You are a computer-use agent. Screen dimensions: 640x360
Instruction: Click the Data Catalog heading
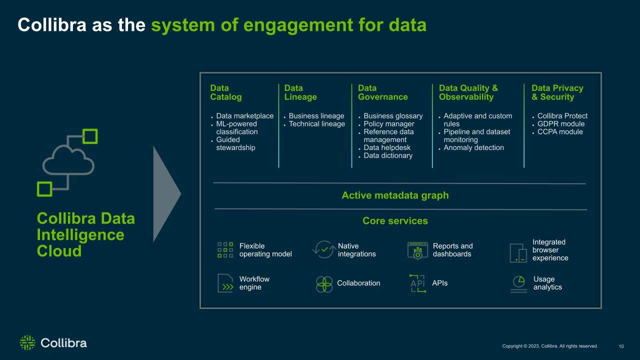(225, 92)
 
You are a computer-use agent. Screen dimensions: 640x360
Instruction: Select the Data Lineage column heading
(300, 92)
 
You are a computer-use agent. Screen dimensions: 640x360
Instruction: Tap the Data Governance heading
(383, 92)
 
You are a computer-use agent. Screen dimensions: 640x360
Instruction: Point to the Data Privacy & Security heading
(557, 92)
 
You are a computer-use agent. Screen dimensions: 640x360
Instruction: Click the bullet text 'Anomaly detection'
(473, 147)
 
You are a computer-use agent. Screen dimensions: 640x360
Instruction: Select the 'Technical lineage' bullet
(316, 123)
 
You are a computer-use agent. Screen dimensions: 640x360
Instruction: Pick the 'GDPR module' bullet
(561, 123)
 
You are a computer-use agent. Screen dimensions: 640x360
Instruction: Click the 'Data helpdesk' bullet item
(387, 147)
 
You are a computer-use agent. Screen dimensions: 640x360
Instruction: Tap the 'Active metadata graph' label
(395, 195)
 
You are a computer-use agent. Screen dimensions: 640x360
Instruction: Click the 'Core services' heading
(395, 221)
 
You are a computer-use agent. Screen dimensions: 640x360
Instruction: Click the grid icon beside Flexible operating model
(225, 250)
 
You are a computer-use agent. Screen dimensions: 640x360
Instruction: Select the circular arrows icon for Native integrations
(324, 249)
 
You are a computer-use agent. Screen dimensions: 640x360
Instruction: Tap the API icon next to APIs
(417, 283)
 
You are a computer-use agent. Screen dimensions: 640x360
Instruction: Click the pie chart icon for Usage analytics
(519, 281)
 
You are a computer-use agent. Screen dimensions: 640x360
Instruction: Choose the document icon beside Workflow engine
(225, 283)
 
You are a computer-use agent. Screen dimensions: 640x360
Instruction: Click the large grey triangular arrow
(165, 194)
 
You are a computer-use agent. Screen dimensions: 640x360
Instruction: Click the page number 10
(621, 346)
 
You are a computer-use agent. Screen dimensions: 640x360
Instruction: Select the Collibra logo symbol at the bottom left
(27, 342)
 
